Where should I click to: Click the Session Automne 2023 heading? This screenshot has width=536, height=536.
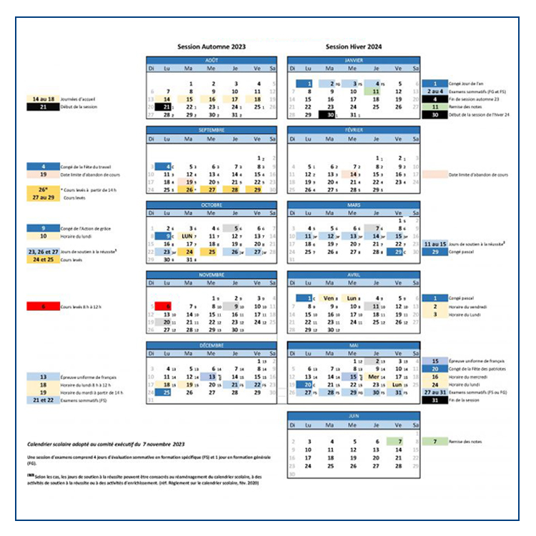(x=211, y=46)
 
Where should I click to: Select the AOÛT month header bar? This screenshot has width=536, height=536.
(x=211, y=61)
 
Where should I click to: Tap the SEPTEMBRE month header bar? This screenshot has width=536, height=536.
(x=211, y=131)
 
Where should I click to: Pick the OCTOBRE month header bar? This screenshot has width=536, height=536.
(x=211, y=204)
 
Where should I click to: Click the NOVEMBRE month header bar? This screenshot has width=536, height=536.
(x=211, y=274)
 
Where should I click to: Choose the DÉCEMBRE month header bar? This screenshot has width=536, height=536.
(x=211, y=345)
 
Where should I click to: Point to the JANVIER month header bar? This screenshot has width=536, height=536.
(x=353, y=61)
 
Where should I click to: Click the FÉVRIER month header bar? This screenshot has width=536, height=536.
(x=353, y=131)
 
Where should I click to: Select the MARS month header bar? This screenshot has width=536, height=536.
(x=353, y=204)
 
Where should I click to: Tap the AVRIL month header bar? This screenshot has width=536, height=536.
(x=353, y=274)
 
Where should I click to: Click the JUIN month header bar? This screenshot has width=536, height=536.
(x=353, y=415)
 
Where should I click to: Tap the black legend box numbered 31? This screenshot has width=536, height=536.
(x=435, y=399)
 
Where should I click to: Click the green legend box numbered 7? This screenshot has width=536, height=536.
(x=435, y=442)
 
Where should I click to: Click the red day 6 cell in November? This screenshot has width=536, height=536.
(x=167, y=306)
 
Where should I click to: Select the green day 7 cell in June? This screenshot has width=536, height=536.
(x=398, y=442)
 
